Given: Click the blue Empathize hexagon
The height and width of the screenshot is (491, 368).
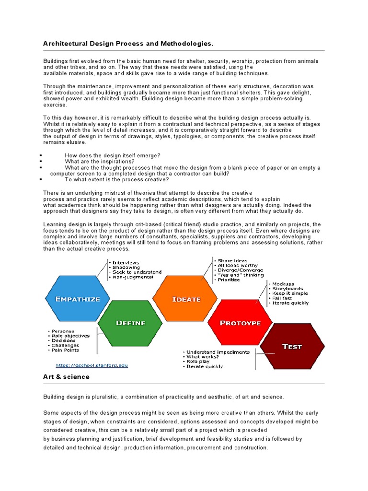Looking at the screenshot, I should pos(78,299).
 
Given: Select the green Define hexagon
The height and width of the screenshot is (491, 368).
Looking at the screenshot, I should pos(130,323).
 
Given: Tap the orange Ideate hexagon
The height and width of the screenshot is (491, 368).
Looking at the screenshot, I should pos(186,299).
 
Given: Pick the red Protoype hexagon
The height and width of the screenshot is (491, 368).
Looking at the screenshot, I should pos(240,323).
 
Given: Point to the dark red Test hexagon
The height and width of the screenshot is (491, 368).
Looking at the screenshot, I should pos(292,346).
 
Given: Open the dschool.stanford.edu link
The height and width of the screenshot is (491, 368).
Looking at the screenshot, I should pos(92,365).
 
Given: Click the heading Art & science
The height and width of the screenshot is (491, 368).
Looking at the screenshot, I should pos(66,377).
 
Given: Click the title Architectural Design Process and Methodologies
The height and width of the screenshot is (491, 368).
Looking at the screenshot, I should pos(128,44).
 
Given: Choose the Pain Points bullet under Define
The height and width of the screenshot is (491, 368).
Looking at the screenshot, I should pos(66,350).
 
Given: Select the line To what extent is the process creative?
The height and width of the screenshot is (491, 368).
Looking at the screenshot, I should pos(116,179).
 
